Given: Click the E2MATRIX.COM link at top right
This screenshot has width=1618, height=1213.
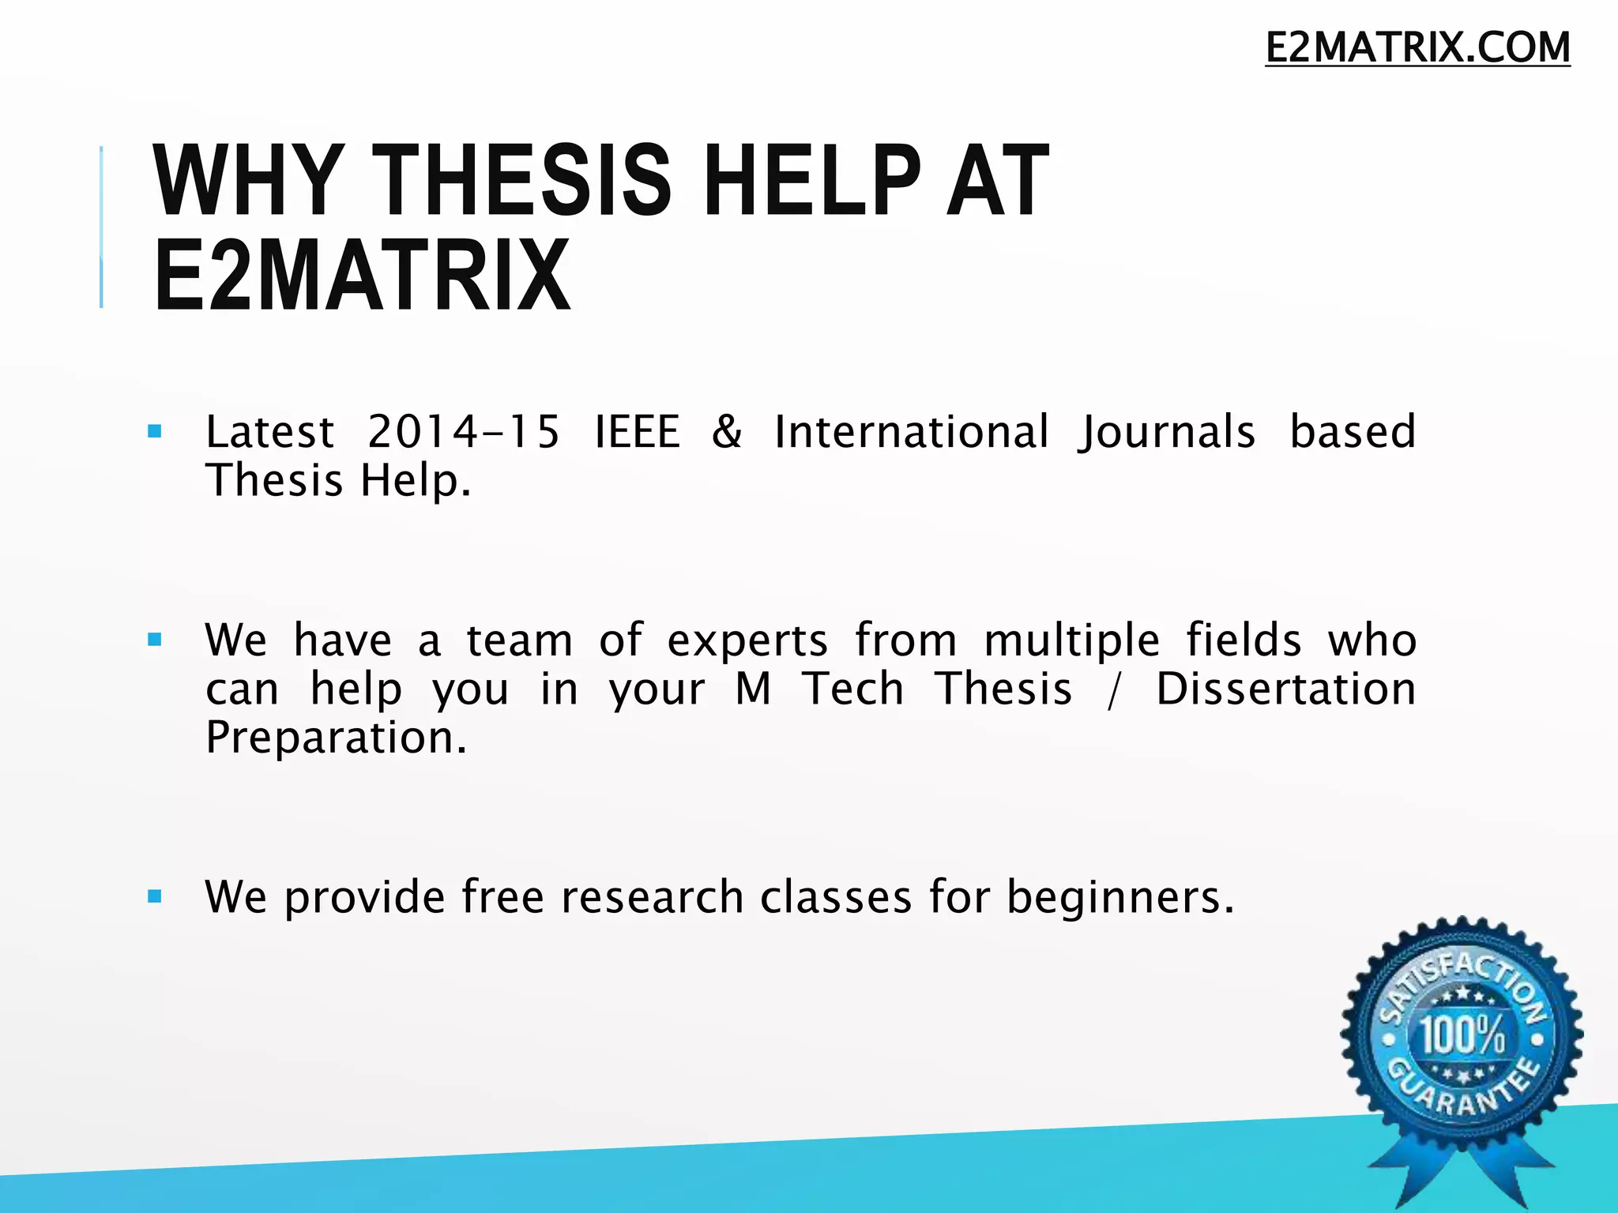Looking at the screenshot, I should pos(1417,47).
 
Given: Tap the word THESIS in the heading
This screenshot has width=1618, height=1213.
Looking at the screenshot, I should pos(522,181).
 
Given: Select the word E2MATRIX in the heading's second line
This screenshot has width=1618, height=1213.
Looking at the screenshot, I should pos(362,276).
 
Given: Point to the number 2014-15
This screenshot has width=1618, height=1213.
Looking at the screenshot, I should pos(464,432).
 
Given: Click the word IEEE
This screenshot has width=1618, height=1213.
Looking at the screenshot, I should pos(637,432).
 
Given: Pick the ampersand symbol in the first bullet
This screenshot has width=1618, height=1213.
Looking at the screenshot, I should pos(727,432).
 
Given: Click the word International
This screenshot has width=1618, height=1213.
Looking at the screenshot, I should pos(912,432).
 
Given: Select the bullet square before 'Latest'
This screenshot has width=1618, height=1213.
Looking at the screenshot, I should pos(155,432).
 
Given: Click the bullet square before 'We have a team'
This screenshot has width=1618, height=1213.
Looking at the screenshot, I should pos(155,640).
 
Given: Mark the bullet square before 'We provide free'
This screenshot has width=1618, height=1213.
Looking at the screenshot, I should pos(155,896).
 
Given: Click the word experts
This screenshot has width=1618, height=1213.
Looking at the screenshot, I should pos(747,641).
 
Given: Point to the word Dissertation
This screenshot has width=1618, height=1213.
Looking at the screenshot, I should pos(1285,689).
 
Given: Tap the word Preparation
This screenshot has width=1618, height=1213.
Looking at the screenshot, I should pos(336,738).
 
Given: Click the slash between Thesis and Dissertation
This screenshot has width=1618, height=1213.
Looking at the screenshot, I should pos(1114,690).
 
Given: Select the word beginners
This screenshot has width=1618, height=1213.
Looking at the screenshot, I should pos(1119,899).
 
